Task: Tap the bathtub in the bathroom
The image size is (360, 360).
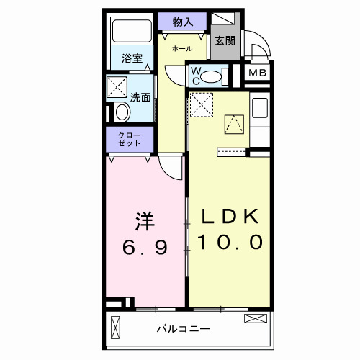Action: point(130,32)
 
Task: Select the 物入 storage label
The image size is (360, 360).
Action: point(183,21)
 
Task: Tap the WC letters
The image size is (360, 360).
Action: point(194,74)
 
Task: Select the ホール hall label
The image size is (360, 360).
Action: point(181,48)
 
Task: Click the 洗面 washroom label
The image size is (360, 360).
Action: point(140,97)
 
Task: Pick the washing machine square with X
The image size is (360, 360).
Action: point(117,88)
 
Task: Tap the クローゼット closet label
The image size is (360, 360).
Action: point(130,139)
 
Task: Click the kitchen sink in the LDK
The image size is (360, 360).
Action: point(258,109)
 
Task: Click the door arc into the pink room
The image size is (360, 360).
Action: point(171,168)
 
